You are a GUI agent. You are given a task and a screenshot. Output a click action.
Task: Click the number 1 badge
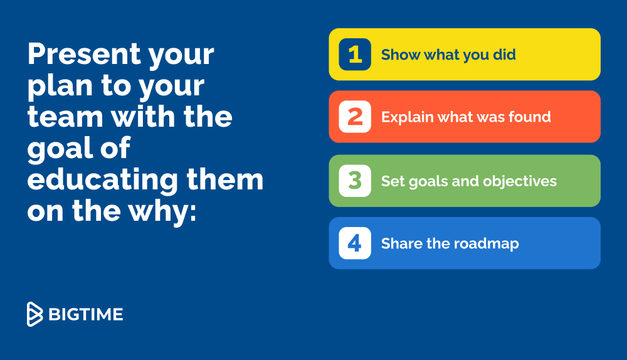coord(355,55)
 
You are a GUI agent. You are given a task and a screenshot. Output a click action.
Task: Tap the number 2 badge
coord(355,117)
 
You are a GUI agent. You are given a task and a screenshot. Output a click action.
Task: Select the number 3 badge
coord(355,181)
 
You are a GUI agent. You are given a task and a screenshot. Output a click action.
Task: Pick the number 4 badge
coord(355,243)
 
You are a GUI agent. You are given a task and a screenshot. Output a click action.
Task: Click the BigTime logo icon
coord(34,314)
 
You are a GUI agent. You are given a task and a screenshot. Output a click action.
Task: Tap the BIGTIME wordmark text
coord(85,314)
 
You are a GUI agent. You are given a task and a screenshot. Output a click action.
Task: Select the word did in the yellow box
coord(504,55)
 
